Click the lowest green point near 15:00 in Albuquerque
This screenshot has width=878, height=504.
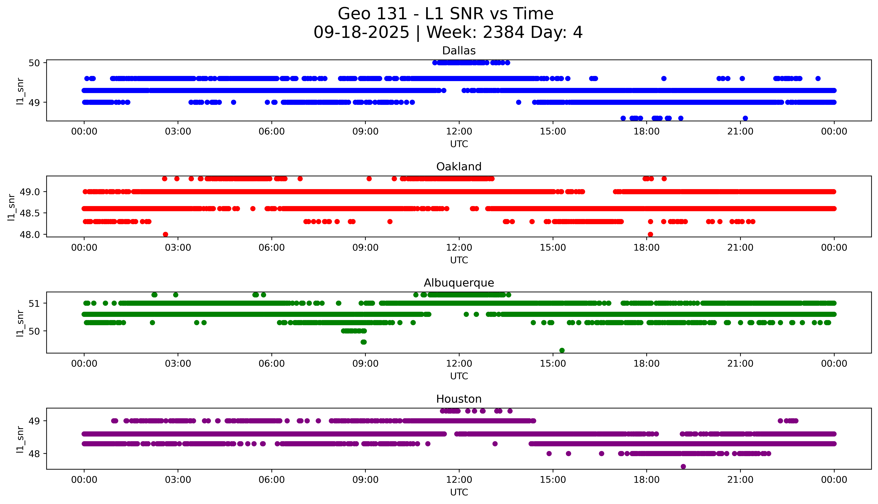(562, 350)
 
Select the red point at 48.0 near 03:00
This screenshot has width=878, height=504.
(165, 234)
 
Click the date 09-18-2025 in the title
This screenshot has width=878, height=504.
(361, 33)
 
